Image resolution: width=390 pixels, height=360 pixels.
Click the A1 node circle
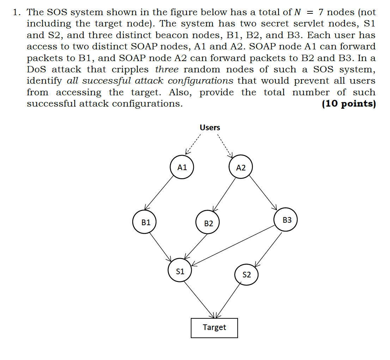(182, 167)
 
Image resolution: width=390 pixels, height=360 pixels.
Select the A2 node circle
(240, 168)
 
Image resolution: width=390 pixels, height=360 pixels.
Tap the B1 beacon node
(145, 222)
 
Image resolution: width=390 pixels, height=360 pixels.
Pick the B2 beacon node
(208, 223)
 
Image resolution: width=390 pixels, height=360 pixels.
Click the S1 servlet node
(180, 271)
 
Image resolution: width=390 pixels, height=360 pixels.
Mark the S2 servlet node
(246, 274)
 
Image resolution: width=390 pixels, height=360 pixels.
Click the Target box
(214, 328)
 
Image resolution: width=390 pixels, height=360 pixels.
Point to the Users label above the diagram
(210, 127)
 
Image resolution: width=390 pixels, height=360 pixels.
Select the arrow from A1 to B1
(159, 192)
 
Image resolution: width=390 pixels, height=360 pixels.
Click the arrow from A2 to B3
(263, 193)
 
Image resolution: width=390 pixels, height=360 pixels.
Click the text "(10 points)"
(348, 104)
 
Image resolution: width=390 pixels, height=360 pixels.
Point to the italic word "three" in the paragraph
(167, 69)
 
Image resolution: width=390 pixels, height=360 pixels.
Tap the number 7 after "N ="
(321, 12)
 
